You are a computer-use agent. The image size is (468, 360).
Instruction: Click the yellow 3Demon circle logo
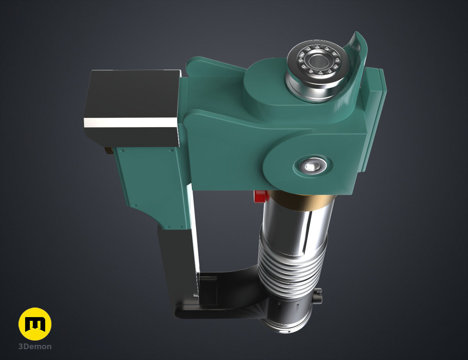click(x=35, y=324)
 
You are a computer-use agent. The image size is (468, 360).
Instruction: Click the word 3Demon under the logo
click(x=35, y=347)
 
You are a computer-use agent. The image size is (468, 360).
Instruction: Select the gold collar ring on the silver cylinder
click(x=299, y=202)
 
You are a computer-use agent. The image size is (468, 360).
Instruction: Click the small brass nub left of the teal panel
click(x=108, y=151)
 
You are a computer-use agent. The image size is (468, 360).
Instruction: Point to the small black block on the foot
click(x=208, y=288)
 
